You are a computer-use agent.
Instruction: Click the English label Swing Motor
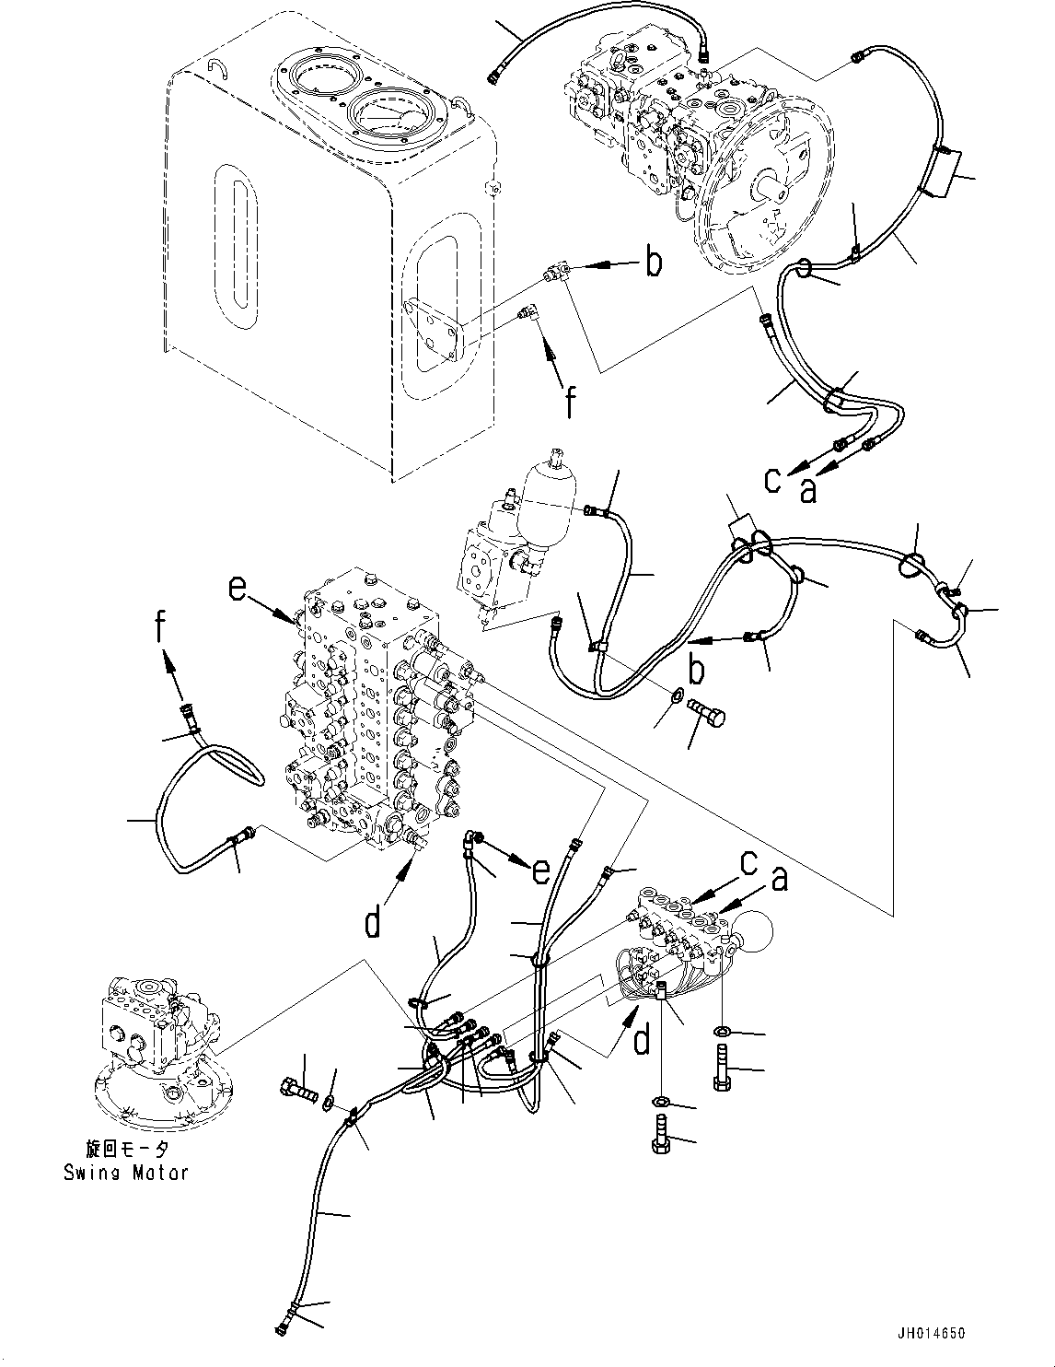tap(126, 1172)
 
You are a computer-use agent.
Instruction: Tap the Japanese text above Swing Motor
tap(126, 1149)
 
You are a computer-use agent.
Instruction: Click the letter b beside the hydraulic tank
tap(653, 263)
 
